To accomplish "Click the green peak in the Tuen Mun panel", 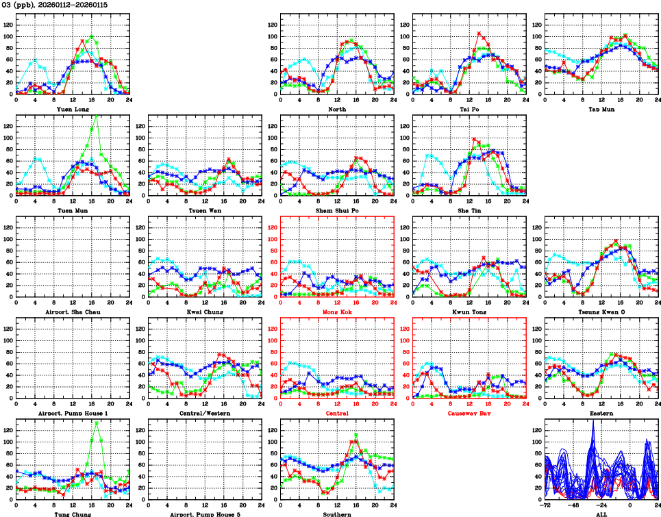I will (x=95, y=116).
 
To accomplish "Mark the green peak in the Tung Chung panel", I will (x=97, y=422).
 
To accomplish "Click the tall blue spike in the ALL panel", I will (x=593, y=420).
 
